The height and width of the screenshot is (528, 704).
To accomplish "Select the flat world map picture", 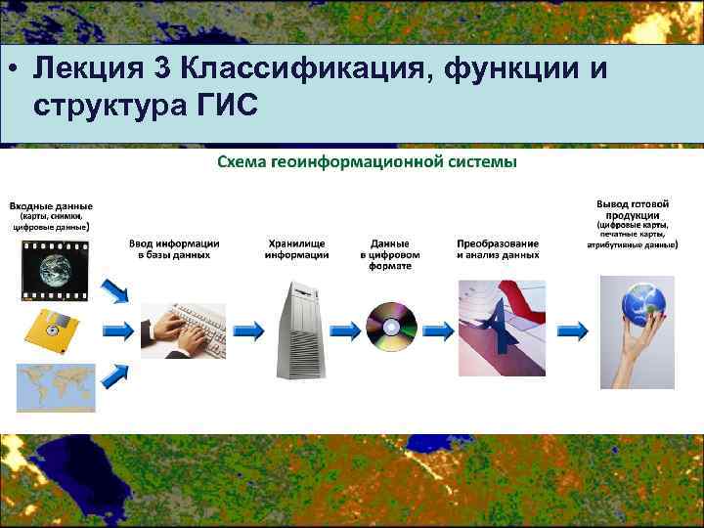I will click(56, 386).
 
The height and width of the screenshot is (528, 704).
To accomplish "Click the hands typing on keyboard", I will click(183, 324).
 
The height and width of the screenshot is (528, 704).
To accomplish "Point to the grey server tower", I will click(297, 329).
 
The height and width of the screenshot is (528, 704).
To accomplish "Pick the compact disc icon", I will click(391, 326).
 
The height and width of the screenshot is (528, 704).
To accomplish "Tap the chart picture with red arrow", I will click(502, 326).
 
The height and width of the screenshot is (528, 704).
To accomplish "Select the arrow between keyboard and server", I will click(248, 330).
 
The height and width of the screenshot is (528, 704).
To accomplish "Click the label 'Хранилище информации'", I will click(296, 248).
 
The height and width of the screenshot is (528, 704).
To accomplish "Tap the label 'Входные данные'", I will click(51, 206).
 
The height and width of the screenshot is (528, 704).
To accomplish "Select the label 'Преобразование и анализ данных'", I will click(498, 248).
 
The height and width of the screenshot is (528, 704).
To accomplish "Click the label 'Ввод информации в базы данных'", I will click(173, 248).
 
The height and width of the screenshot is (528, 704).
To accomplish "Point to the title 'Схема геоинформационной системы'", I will click(367, 161).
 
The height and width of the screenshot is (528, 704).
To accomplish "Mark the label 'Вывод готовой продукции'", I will click(631, 208).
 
